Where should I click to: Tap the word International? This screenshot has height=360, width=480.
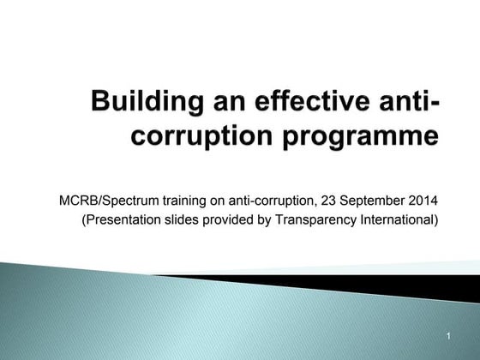pyautogui.click(x=394, y=220)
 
